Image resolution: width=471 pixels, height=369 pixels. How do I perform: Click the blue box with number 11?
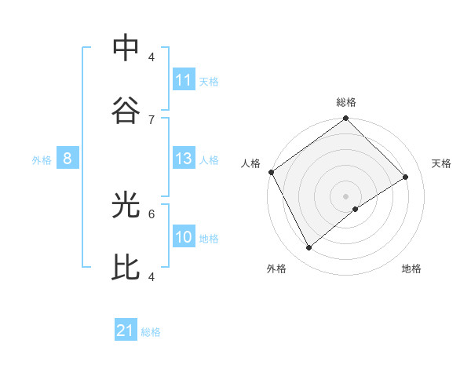[184, 80]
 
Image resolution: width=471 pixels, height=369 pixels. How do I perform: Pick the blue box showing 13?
[184, 159]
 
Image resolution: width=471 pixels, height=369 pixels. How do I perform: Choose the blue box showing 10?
[184, 238]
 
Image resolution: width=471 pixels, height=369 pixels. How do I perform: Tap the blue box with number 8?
[68, 159]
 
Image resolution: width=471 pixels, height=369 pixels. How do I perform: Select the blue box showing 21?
[126, 331]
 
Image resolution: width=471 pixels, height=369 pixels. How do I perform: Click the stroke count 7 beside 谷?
[152, 119]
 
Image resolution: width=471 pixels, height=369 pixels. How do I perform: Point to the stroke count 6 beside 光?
[152, 213]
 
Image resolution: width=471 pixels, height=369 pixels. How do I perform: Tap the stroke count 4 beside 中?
[152, 57]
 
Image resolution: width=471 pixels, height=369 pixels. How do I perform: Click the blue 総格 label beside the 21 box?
[151, 332]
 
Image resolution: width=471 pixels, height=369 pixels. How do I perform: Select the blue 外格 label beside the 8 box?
[42, 160]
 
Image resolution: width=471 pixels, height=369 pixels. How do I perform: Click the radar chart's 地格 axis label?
[411, 269]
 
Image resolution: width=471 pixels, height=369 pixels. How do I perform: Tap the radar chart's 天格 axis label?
[441, 163]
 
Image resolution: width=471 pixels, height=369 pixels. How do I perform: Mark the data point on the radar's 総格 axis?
[345, 119]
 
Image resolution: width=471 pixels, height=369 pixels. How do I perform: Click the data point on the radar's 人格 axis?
[271, 172]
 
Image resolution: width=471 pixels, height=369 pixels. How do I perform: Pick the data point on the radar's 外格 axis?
[309, 248]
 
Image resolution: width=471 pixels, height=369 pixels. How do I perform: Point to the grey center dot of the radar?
[345, 195]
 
